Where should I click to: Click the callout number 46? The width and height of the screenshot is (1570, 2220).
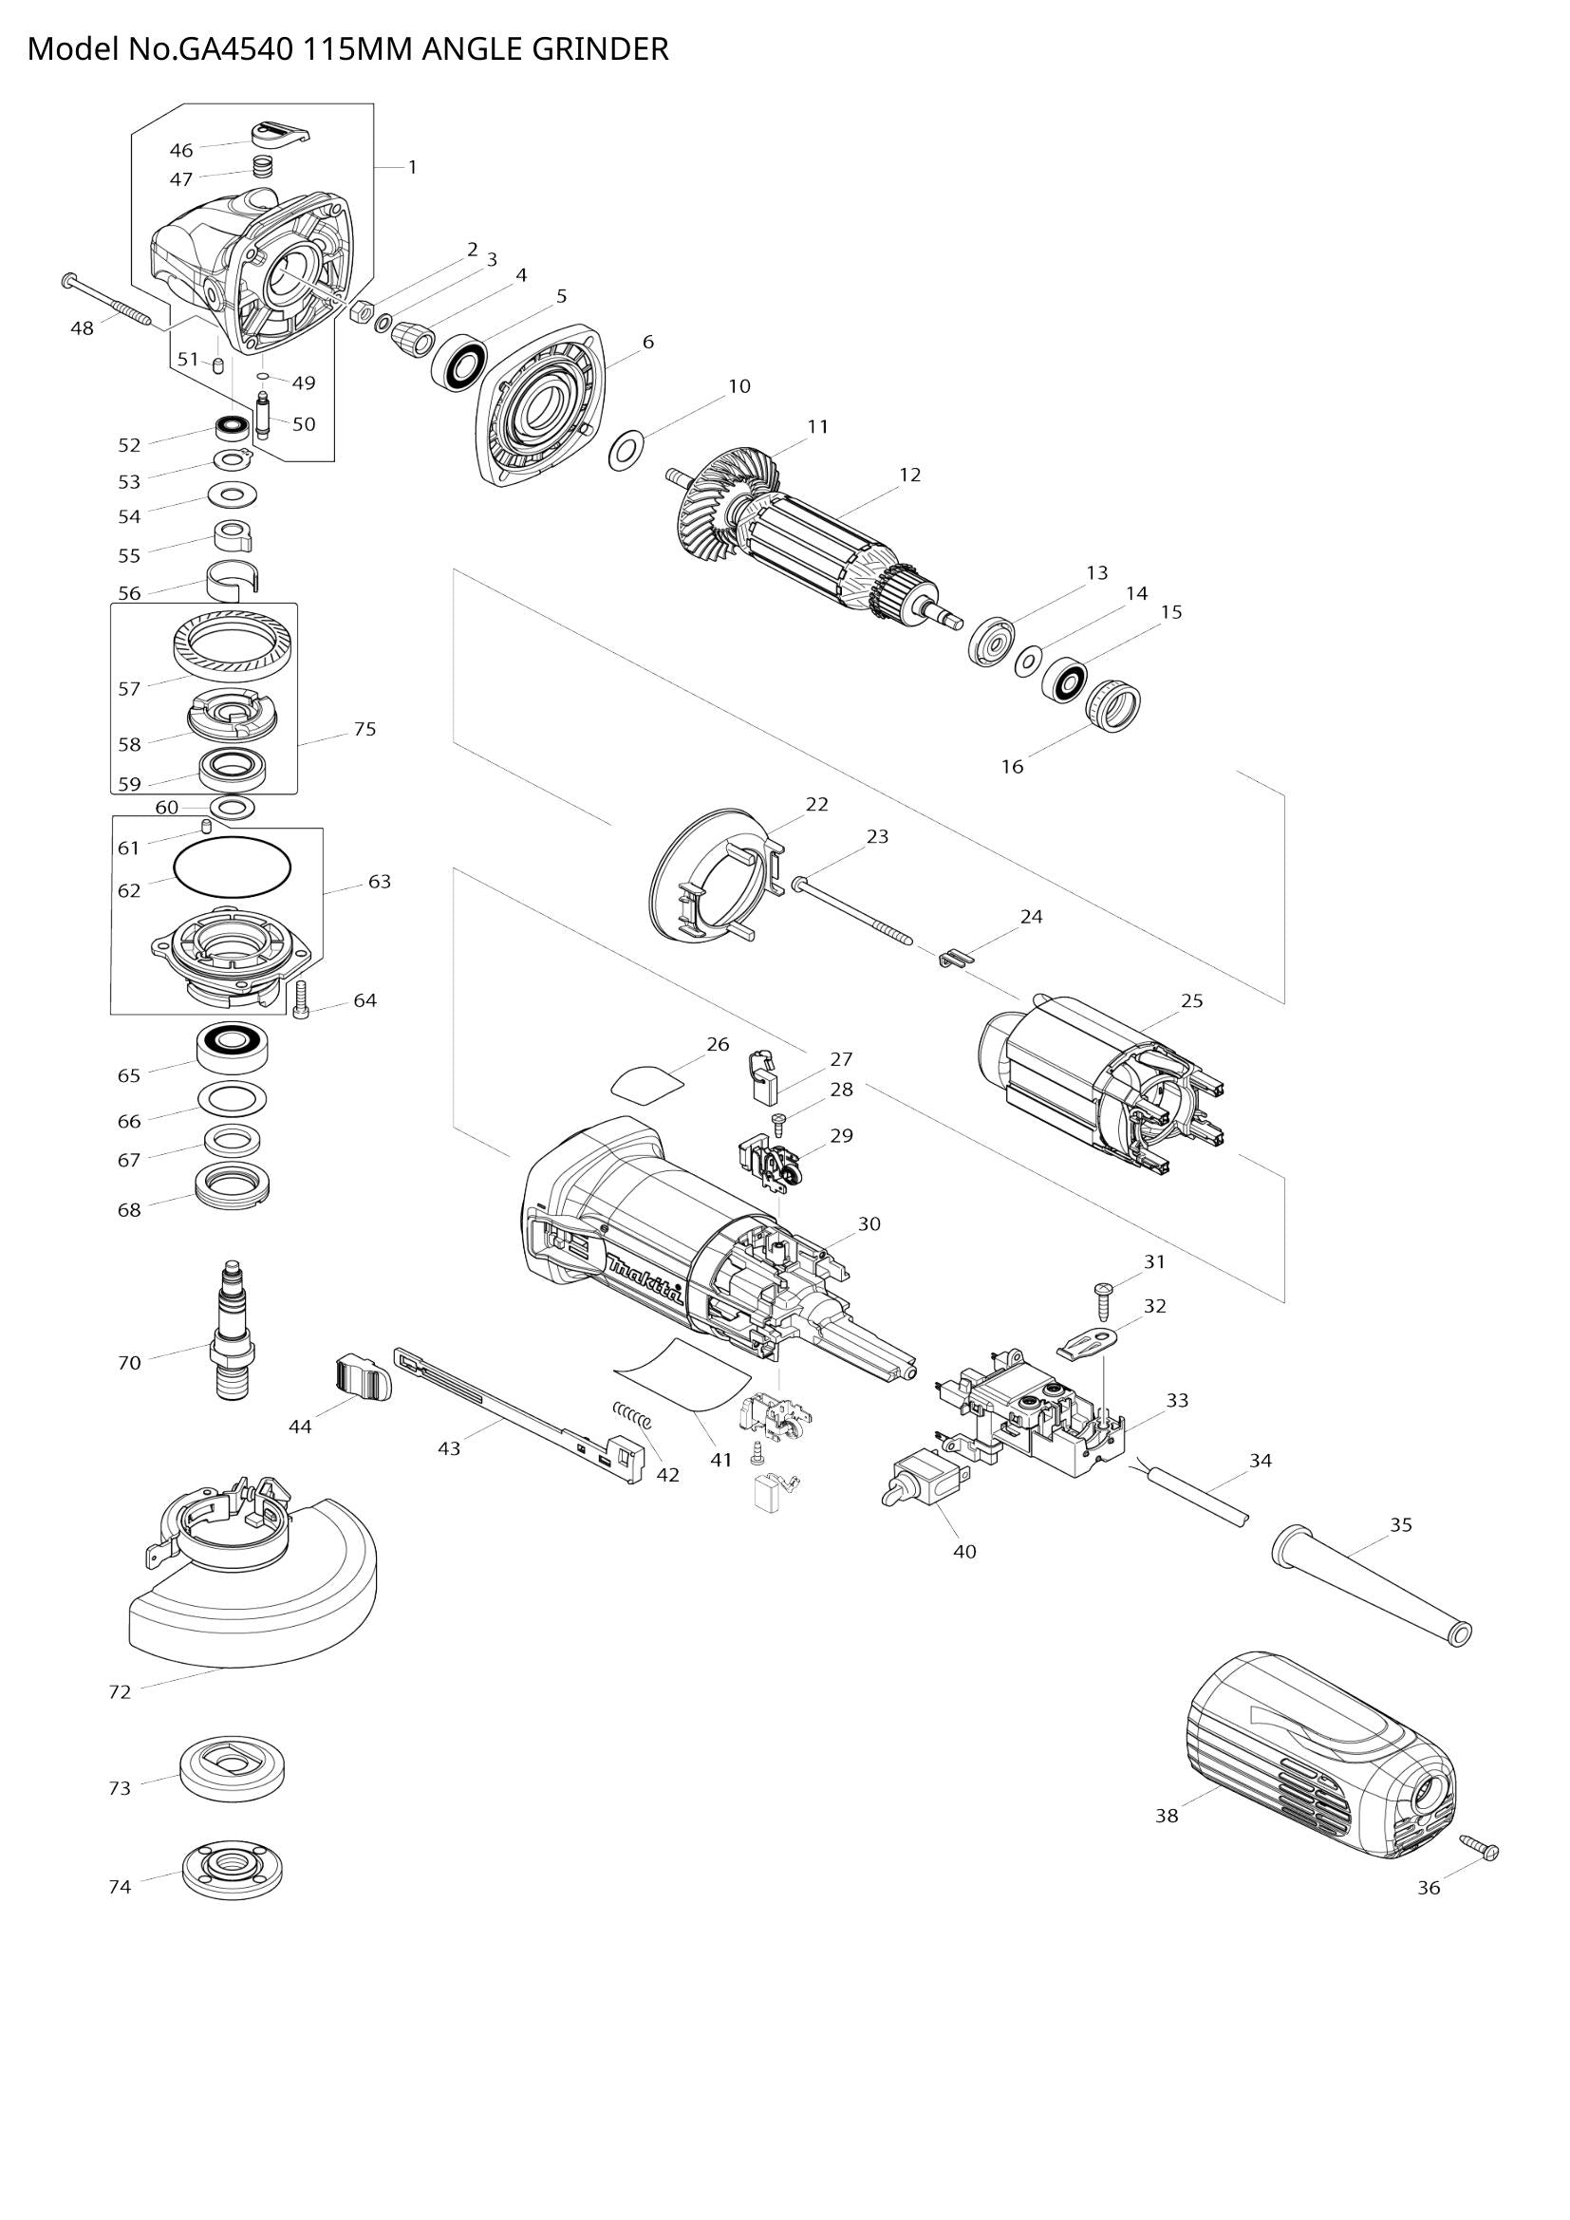(x=180, y=150)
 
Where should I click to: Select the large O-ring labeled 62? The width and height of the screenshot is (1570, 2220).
(x=232, y=867)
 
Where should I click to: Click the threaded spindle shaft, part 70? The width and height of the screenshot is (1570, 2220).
(x=231, y=1335)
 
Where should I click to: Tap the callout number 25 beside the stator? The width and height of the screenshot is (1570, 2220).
(x=1192, y=1000)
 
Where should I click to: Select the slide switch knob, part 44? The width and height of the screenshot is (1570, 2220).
(x=364, y=1377)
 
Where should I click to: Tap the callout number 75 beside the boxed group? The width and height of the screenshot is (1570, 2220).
(x=364, y=729)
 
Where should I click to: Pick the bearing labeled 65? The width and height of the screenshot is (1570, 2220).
(x=232, y=1044)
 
